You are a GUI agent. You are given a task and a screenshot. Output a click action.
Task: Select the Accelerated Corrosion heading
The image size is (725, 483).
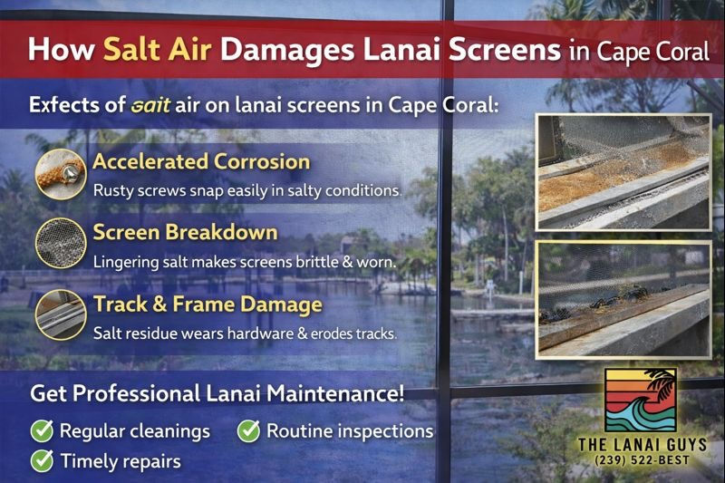pyautogui.click(x=201, y=163)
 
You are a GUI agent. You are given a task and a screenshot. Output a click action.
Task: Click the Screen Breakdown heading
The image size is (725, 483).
pyautogui.click(x=185, y=233)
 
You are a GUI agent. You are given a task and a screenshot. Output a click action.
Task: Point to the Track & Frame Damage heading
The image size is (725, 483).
pyautogui.click(x=208, y=304)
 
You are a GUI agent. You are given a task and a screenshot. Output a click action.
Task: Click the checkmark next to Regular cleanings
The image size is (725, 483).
pyautogui.click(x=41, y=430)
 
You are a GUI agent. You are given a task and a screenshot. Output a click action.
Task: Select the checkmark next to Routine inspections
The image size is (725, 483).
pyautogui.click(x=248, y=430)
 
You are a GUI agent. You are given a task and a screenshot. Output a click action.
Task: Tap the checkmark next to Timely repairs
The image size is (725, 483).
pyautogui.click(x=41, y=460)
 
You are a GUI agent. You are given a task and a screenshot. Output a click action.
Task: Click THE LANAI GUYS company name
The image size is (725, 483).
pyautogui.click(x=640, y=444)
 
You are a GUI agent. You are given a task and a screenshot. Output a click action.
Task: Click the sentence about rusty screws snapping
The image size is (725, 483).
pyautogui.click(x=246, y=191)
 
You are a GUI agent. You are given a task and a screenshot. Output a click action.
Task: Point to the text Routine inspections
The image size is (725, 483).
pyautogui.click(x=350, y=430)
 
